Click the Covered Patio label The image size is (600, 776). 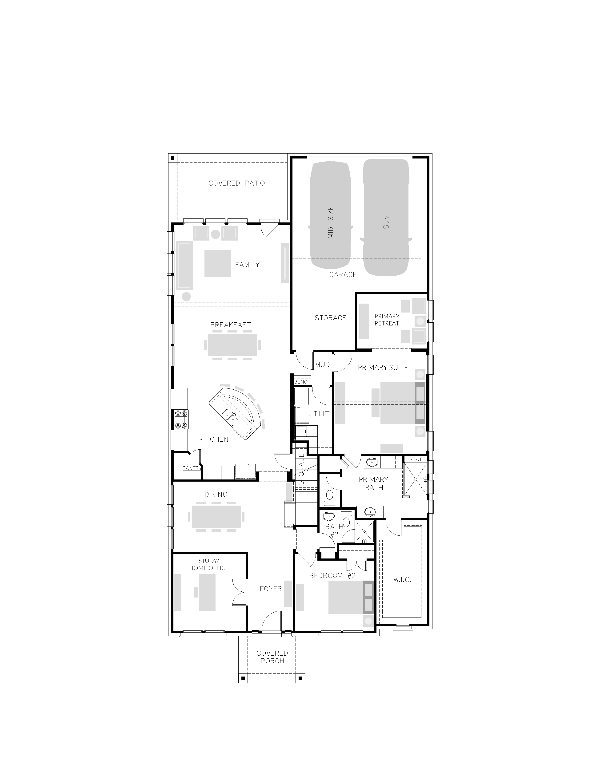tap(236, 183)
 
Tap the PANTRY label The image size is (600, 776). tap(191, 468)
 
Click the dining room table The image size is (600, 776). tap(216, 517)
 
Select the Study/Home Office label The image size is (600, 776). tap(209, 564)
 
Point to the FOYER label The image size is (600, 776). tap(271, 589)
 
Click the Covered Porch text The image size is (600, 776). tap(272, 657)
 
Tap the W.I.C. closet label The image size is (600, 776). tap(402, 580)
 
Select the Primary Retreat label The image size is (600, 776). tap(387, 320)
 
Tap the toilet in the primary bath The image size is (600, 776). tap(329, 496)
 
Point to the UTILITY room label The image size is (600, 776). tap(320, 414)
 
